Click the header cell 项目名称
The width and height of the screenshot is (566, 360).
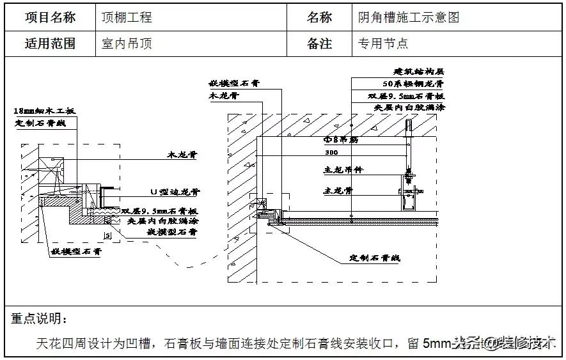click(50, 18)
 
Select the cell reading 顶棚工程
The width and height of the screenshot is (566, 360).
click(127, 18)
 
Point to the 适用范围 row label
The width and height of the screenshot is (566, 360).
click(50, 43)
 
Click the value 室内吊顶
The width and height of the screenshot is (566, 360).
click(127, 43)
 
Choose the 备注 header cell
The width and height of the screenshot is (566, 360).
click(319, 43)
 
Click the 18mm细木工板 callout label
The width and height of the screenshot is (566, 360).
click(44, 111)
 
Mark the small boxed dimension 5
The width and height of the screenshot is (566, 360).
click(107, 236)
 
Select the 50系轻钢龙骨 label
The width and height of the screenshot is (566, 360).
click(413, 84)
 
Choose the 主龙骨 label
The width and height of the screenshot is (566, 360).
click(339, 191)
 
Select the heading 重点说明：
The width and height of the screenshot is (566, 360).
click(38, 318)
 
